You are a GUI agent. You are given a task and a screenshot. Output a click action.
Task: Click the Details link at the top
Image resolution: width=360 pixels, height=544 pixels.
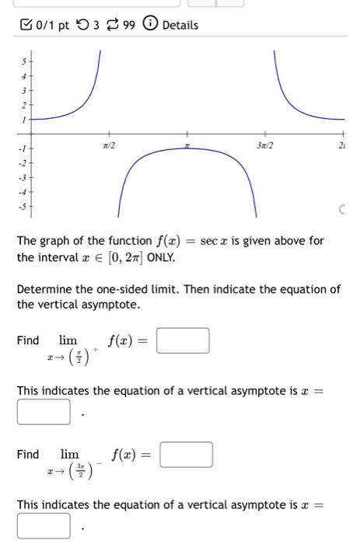(180, 25)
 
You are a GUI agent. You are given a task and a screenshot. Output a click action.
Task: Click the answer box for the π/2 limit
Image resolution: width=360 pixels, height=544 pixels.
(183, 341)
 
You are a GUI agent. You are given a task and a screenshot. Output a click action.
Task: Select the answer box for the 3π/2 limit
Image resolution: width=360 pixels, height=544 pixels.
(186, 454)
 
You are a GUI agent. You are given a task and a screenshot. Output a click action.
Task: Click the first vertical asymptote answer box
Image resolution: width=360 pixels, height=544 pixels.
(44, 412)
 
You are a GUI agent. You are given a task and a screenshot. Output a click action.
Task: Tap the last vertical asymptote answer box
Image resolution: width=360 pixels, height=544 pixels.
(44, 525)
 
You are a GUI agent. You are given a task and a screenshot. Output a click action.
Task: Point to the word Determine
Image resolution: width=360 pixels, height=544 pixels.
(45, 289)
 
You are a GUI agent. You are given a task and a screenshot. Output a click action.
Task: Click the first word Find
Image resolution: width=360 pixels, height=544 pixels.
(28, 340)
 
